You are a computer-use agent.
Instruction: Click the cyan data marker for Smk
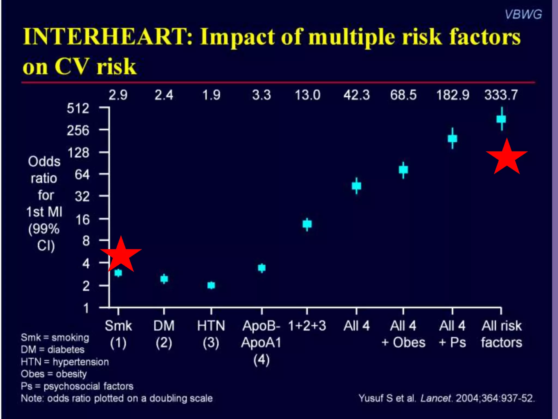(x=118, y=273)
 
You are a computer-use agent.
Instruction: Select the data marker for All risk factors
(x=501, y=119)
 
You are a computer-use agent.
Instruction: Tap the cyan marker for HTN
(x=211, y=285)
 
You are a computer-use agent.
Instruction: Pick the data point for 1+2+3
(x=307, y=224)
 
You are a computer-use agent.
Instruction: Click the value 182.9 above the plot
(x=453, y=95)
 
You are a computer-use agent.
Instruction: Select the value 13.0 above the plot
(x=307, y=95)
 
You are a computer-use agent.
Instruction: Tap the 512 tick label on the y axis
(x=78, y=109)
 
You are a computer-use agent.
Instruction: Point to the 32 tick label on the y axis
(x=82, y=196)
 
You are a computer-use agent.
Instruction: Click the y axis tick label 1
(x=86, y=308)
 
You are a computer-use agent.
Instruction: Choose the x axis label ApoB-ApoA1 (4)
(x=261, y=342)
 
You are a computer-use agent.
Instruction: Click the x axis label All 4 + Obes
(x=403, y=334)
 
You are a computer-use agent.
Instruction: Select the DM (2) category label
(x=164, y=334)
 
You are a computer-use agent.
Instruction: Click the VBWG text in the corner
(x=523, y=14)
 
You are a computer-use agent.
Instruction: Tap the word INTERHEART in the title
(x=108, y=37)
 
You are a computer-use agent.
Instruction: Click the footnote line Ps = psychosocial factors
(x=77, y=386)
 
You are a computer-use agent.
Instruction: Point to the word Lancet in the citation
(x=435, y=398)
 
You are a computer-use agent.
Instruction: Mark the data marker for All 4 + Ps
(x=452, y=139)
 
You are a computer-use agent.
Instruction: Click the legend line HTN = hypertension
(x=65, y=362)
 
